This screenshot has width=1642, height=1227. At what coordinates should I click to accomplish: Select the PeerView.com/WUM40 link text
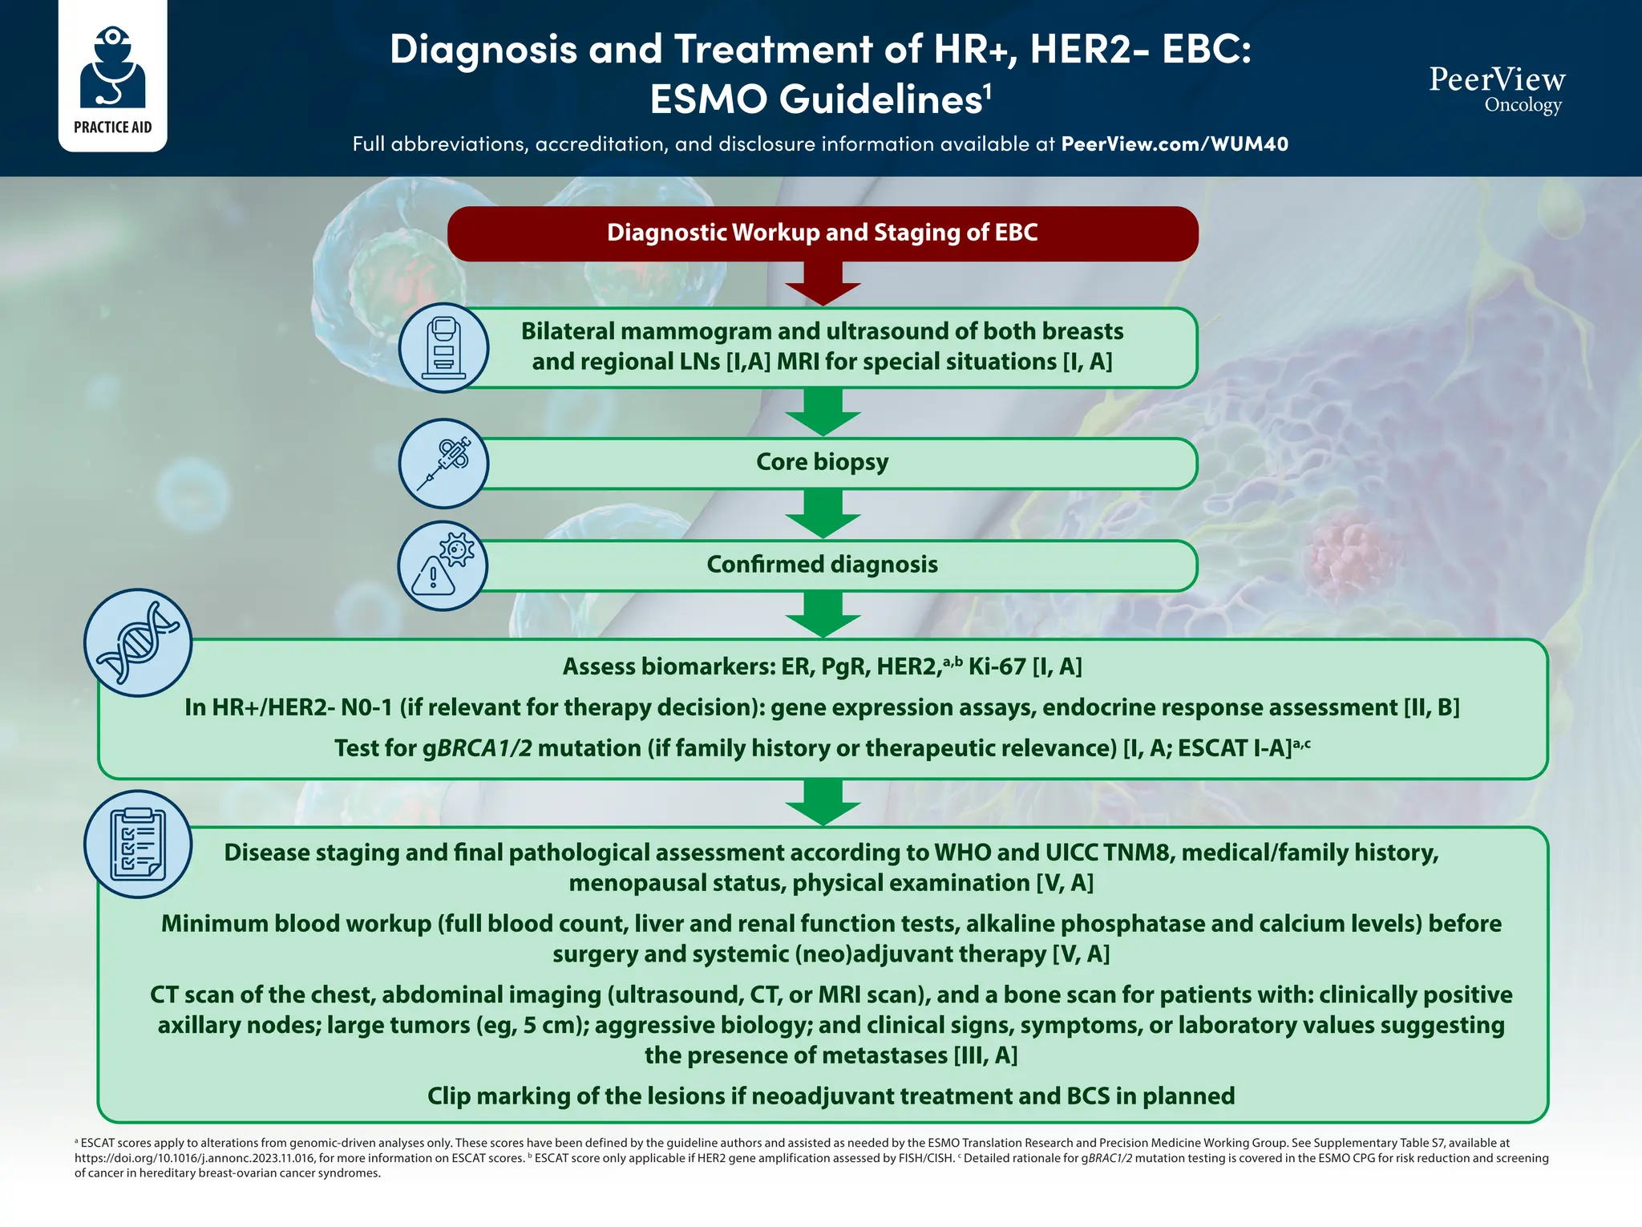tap(1175, 144)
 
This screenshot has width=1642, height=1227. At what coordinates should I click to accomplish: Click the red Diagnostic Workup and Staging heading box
tap(823, 233)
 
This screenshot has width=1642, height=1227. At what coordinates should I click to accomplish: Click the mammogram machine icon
tap(443, 348)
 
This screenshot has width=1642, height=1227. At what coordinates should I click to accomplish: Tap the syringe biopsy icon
tap(443, 464)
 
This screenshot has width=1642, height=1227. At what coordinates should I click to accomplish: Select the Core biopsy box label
tap(823, 463)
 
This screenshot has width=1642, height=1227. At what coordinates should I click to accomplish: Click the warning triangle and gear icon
tap(443, 566)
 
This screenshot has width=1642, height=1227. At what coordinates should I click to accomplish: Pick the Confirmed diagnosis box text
tap(823, 565)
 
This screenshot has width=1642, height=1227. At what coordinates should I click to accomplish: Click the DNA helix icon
tap(138, 643)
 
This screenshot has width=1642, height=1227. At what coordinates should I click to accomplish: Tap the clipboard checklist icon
tap(138, 844)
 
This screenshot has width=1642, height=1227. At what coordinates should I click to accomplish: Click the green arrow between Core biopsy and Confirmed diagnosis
tap(823, 514)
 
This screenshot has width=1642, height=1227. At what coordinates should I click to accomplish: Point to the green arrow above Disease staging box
tap(823, 803)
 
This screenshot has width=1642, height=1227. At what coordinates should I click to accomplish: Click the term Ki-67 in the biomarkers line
tap(997, 667)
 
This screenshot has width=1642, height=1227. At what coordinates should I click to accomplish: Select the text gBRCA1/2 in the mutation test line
tap(477, 748)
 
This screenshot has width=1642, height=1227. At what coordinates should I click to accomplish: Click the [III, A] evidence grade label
tap(985, 1055)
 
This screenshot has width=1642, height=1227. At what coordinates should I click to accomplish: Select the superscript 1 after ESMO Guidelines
tap(988, 90)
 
